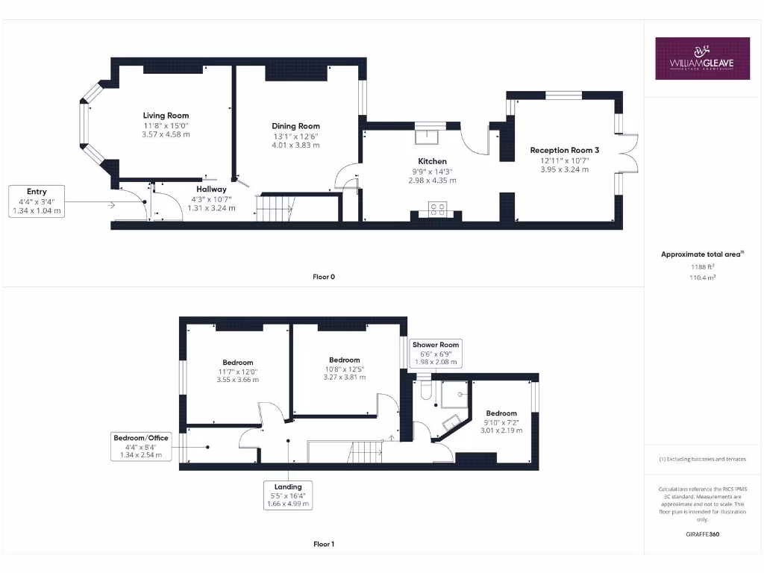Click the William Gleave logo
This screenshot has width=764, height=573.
point(702,58)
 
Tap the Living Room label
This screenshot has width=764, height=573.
point(166,116)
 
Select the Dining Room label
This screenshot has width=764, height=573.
point(295,126)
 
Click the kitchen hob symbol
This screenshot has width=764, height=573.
point(437,209)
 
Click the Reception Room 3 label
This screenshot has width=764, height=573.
point(564,150)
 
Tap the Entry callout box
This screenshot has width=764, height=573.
point(36,201)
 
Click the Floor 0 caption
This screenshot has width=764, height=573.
point(324,277)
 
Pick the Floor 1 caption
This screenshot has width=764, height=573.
point(324,544)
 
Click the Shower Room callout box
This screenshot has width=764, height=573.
point(437,353)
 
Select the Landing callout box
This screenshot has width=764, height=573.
point(288,495)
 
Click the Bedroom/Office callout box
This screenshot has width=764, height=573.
point(141,445)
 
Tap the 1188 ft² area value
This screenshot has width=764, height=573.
point(701,266)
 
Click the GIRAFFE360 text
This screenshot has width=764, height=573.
point(702,534)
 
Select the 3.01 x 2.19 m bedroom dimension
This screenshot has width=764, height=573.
point(501,430)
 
